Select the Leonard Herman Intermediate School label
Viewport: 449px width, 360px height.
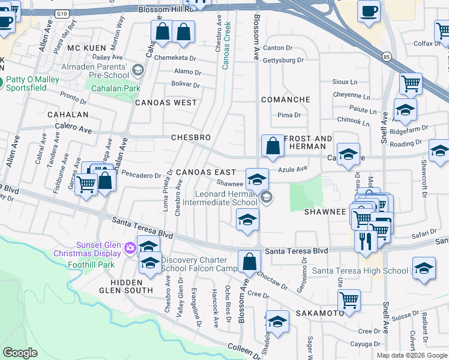228,198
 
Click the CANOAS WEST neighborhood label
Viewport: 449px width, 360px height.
166,103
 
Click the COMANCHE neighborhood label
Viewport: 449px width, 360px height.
285,100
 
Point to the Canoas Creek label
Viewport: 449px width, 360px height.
226,47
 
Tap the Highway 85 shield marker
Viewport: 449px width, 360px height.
385,56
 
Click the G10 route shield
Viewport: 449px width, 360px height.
61,12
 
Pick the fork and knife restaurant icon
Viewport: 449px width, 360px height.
365,241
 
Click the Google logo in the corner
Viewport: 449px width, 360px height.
20,353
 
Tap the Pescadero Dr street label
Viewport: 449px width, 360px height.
142,176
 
